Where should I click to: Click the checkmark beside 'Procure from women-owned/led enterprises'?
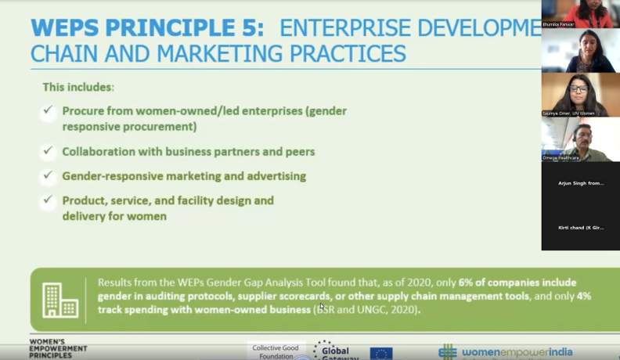click(49, 111)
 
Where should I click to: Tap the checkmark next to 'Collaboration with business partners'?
click(49, 151)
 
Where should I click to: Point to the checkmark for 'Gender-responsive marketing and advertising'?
click(49, 176)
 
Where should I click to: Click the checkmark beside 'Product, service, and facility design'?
click(49, 200)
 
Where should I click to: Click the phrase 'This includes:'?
click(78, 87)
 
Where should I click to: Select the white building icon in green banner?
click(60, 300)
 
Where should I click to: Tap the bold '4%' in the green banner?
click(582, 297)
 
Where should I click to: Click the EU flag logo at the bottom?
click(381, 353)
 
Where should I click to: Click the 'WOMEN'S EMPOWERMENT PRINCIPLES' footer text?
click(59, 349)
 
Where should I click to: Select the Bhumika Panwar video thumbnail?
click(580, 14)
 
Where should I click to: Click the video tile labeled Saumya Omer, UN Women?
click(580, 95)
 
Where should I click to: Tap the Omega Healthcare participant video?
click(580, 139)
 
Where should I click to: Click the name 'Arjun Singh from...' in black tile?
click(580, 182)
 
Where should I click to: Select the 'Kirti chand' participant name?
click(580, 227)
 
